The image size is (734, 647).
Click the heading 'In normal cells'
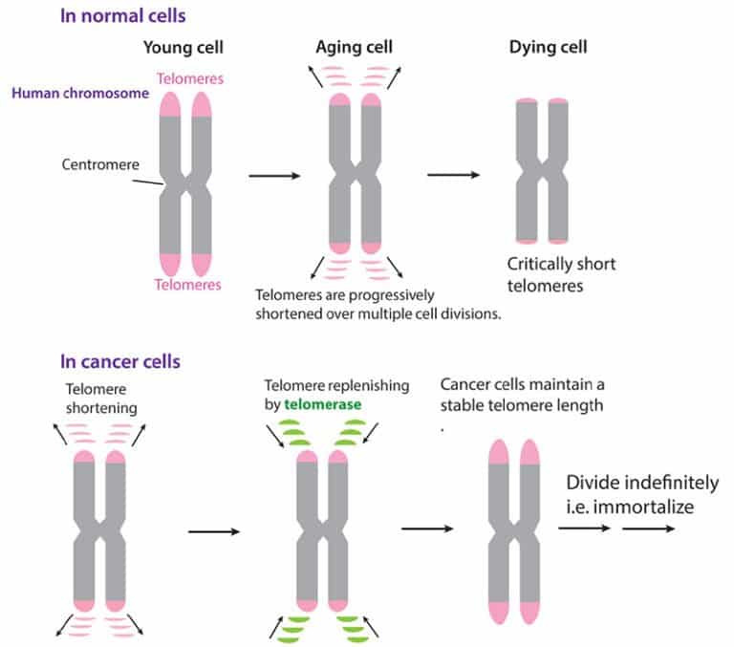coord(122,16)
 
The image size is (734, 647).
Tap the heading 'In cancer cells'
coord(119,361)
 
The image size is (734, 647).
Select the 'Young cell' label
coord(183,47)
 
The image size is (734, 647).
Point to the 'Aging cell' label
coord(354,47)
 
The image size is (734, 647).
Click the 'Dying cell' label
coord(548,47)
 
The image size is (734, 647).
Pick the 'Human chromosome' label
coord(80,93)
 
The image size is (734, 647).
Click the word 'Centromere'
coord(100,164)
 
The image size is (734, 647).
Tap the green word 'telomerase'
coord(322,404)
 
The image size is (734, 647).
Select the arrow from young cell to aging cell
coord(274,176)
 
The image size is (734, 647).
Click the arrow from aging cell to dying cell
coord(454,175)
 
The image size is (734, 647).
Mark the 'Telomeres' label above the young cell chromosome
coord(190,78)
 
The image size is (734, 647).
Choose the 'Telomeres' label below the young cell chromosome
coord(187,284)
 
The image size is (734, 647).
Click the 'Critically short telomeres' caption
coord(561,275)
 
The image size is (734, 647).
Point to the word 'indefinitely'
coord(671,483)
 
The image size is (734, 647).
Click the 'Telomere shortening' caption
coord(101,399)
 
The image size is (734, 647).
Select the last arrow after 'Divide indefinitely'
coord(648,528)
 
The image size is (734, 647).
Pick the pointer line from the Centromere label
coord(148,182)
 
